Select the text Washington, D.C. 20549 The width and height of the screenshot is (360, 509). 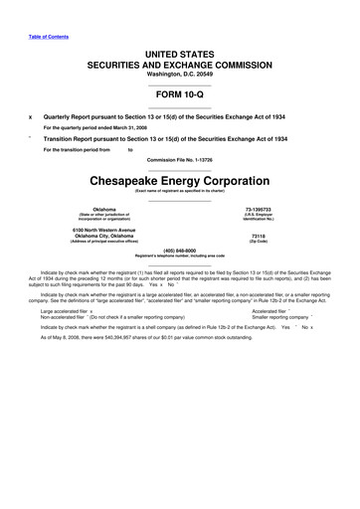(x=180, y=73)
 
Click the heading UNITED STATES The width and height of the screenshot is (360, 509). (x=180, y=50)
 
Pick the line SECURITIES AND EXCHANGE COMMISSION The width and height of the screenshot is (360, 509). (x=180, y=62)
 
